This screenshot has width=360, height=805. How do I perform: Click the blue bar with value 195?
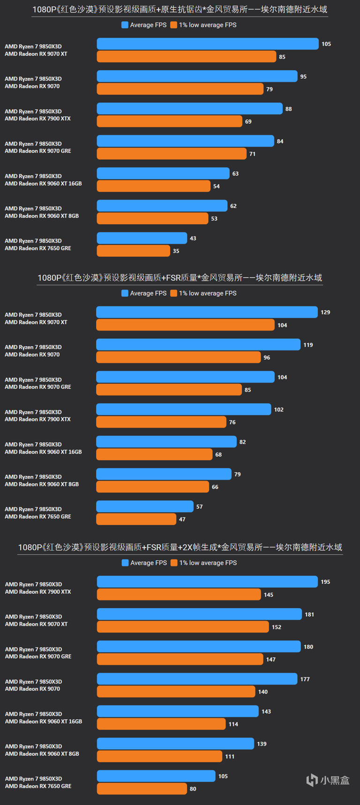pyautogui.click(x=207, y=582)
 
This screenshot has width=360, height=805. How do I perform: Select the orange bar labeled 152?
pyautogui.click(x=183, y=627)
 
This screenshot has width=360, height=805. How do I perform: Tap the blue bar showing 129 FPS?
pyautogui.click(x=207, y=312)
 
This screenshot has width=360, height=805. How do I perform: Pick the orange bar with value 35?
pyautogui.click(x=134, y=251)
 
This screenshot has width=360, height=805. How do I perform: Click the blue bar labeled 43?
pyautogui.click(x=142, y=238)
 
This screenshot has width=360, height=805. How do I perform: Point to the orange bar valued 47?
pyautogui.click(x=136, y=519)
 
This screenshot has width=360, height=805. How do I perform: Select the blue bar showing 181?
pyautogui.click(x=199, y=614)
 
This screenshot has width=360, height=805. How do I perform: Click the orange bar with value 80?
pyautogui.click(x=142, y=789)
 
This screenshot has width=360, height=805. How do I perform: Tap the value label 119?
pyautogui.click(x=308, y=345)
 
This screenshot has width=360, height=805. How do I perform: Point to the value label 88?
pyautogui.click(x=289, y=109)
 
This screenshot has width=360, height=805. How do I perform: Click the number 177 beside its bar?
pyautogui.click(x=305, y=679)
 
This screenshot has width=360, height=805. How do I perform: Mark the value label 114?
pyautogui.click(x=233, y=724)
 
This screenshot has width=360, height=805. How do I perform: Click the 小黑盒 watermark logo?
pyautogui.click(x=328, y=780)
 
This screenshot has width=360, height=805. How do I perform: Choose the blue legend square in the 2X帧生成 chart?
pyautogui.click(x=125, y=563)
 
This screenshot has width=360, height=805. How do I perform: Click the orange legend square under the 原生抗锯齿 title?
pyautogui.click(x=174, y=25)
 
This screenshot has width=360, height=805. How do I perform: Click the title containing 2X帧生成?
pyautogui.click(x=180, y=547)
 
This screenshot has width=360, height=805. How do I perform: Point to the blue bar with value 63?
pyautogui.click(x=163, y=173)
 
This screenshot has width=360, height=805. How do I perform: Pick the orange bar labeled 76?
pyautogui.click(x=161, y=422)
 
